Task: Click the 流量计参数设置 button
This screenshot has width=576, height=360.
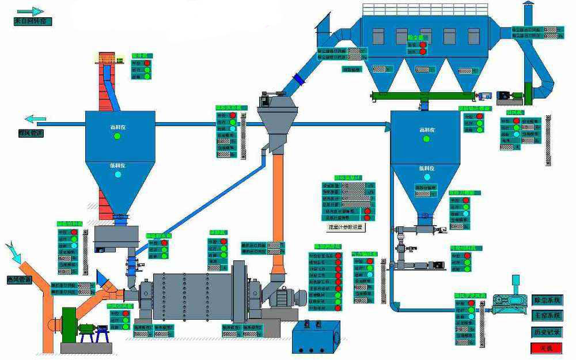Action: coord(346,227)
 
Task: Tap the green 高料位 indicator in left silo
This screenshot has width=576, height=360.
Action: coord(118,137)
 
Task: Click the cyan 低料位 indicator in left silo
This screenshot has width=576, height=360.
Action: coord(118,174)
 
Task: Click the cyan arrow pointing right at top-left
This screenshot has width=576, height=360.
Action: coord(30,11)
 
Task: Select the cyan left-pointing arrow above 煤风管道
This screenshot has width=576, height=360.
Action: coord(35,120)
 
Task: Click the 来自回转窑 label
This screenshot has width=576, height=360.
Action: coord(32,21)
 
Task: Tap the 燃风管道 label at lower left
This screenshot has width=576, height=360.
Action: coord(19,279)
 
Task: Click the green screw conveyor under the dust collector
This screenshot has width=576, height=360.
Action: coord(424,96)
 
